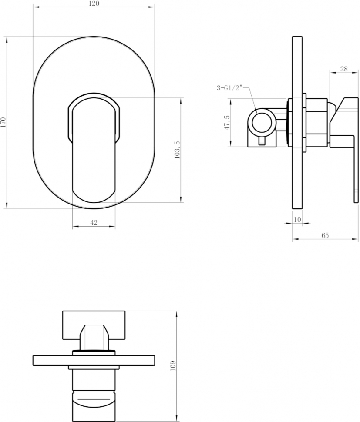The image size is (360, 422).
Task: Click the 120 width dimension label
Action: tap(94, 3)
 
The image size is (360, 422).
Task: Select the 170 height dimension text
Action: tap(3, 123)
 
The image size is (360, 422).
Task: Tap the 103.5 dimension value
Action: tap(177, 150)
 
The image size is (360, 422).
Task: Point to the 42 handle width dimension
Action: tap(94, 223)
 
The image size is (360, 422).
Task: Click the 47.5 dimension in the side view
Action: tap(227, 122)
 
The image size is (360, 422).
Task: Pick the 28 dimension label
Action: tap(344, 69)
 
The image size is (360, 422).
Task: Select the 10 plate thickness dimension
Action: tap(297, 219)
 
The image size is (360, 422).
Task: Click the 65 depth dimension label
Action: tap(325, 235)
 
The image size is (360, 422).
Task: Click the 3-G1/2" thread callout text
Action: tap(230, 88)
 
